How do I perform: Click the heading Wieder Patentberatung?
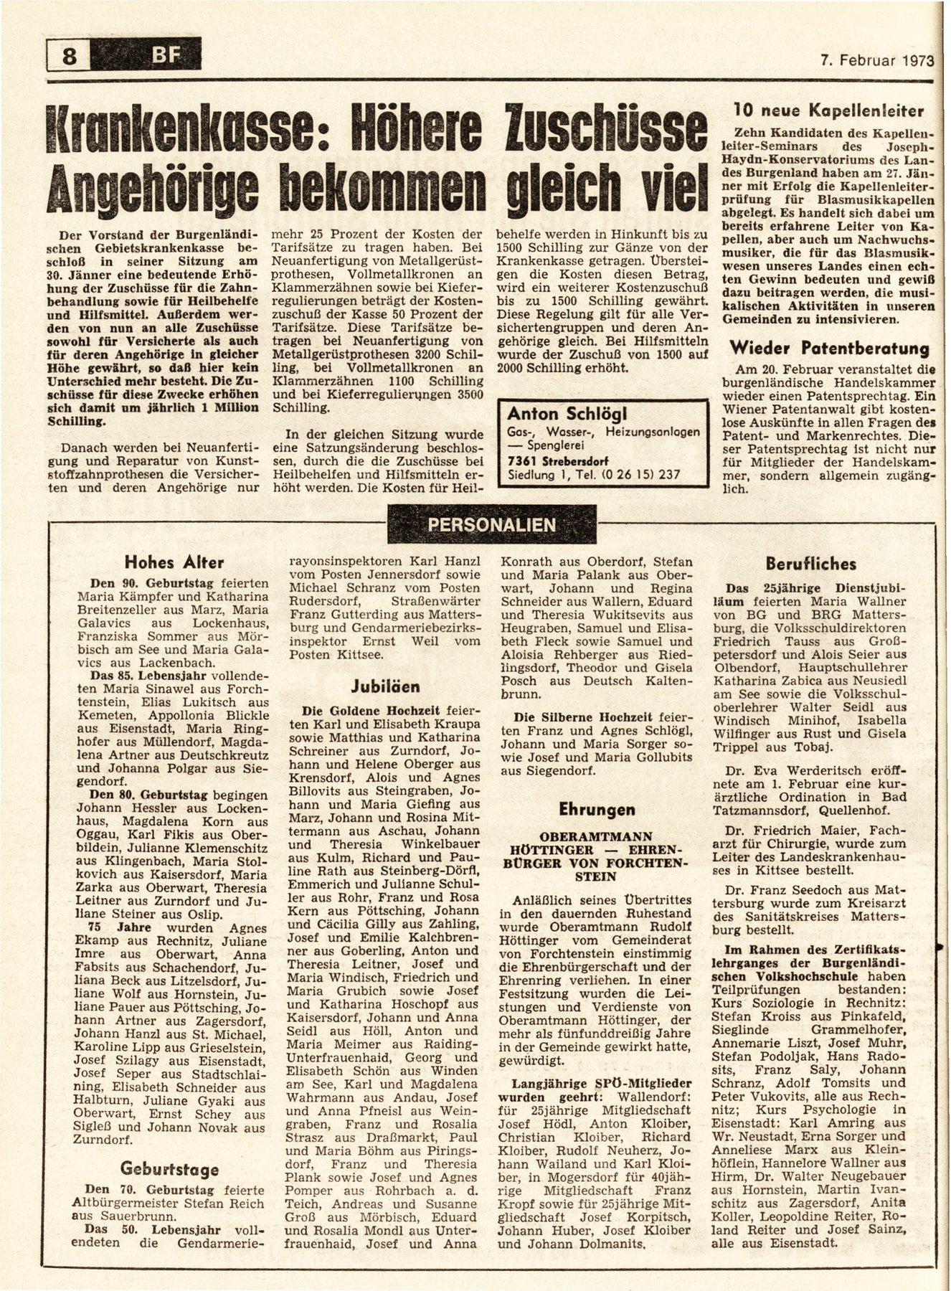(829, 349)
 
